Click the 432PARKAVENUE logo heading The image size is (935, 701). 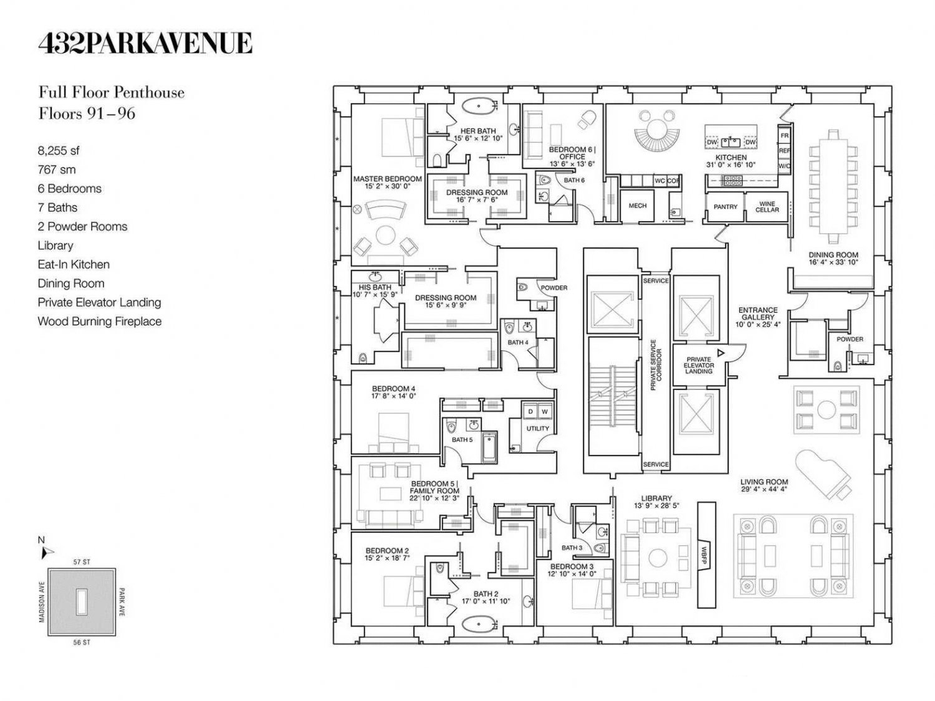pos(145,43)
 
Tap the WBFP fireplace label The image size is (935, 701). pos(703,555)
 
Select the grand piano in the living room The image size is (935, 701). pos(823,474)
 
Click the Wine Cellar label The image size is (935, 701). pos(767,206)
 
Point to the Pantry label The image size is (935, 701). pos(725,206)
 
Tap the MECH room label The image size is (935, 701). pos(637,206)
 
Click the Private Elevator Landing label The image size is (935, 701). pos(699,365)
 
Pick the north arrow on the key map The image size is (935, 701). pos(47,553)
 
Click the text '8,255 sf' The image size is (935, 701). pos(59,151)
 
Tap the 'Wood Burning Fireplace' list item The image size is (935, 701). pos(100,322)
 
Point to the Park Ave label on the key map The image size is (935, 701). pos(122,602)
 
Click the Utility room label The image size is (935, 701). pos(537,428)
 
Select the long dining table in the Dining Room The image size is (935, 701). pos(833,182)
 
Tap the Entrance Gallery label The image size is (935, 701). pos(758,317)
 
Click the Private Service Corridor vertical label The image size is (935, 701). pos(656,365)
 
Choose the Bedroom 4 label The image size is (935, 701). pos(393,392)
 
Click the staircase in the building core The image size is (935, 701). pos(613,396)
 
